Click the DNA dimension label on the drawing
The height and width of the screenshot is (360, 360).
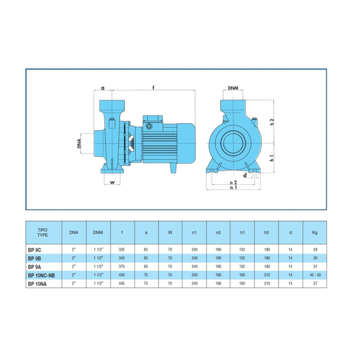click(x=79, y=143)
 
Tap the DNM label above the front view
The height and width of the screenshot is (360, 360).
click(x=233, y=88)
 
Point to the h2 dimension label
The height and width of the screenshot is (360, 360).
click(x=272, y=122)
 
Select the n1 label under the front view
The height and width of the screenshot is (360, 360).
click(x=234, y=188)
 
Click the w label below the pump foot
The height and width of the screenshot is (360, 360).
click(x=112, y=183)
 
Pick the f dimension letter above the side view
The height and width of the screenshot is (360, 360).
click(x=153, y=87)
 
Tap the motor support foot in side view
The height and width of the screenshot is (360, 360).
click(x=173, y=168)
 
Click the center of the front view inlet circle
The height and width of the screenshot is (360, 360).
click(x=233, y=143)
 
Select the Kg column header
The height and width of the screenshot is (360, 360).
click(x=315, y=232)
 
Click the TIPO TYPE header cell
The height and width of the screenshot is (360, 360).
click(x=43, y=232)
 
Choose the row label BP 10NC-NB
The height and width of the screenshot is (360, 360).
click(x=42, y=275)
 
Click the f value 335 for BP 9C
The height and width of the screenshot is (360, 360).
click(x=122, y=249)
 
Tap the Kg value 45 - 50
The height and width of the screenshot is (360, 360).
click(x=315, y=275)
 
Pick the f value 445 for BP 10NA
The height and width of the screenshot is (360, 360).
click(x=122, y=284)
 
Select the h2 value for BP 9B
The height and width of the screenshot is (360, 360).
click(x=267, y=258)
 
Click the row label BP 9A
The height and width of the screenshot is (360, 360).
click(x=35, y=267)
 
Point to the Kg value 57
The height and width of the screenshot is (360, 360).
click(x=315, y=284)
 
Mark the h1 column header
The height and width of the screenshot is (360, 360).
click(x=243, y=232)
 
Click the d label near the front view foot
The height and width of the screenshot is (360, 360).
click(x=245, y=175)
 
